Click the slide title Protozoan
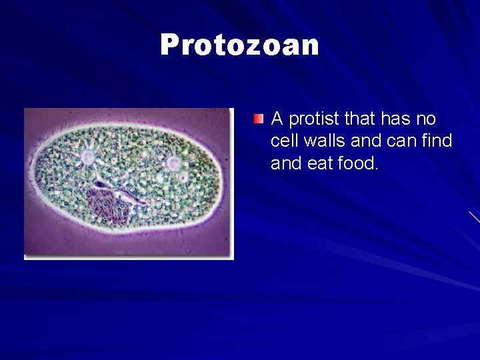pyautogui.click(x=239, y=45)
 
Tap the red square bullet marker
pyautogui.click(x=259, y=119)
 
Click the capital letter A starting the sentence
pyautogui.click(x=278, y=119)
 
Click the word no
pyautogui.click(x=426, y=119)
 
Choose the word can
pyautogui.click(x=402, y=141)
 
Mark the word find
pyautogui.click(x=437, y=141)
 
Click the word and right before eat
pyautogui.click(x=285, y=163)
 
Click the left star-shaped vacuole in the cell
pyautogui.click(x=87, y=158)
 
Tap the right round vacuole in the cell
pyautogui.click(x=173, y=163)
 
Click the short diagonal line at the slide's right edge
pyautogui.click(x=474, y=217)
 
